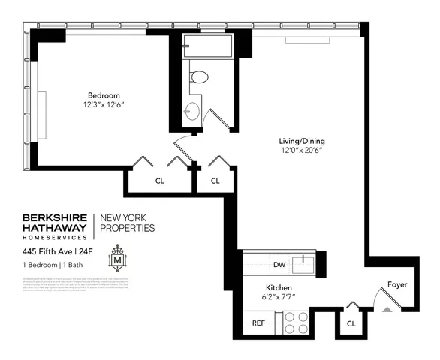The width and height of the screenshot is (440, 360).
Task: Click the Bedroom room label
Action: [102, 95]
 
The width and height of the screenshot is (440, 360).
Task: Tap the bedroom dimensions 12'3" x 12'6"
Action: [102, 106]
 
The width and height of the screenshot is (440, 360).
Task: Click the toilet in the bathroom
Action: [199, 76]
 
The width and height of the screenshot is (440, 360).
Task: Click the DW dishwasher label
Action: [279, 264]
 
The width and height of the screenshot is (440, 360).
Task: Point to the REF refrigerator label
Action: [258, 324]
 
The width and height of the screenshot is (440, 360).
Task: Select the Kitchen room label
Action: [278, 287]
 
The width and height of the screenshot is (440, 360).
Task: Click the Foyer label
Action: [397, 284]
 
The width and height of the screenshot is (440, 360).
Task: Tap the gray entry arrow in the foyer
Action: [388, 307]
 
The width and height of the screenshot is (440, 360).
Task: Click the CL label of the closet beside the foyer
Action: [351, 323]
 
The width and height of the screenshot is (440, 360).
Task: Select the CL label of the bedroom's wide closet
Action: [159, 181]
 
